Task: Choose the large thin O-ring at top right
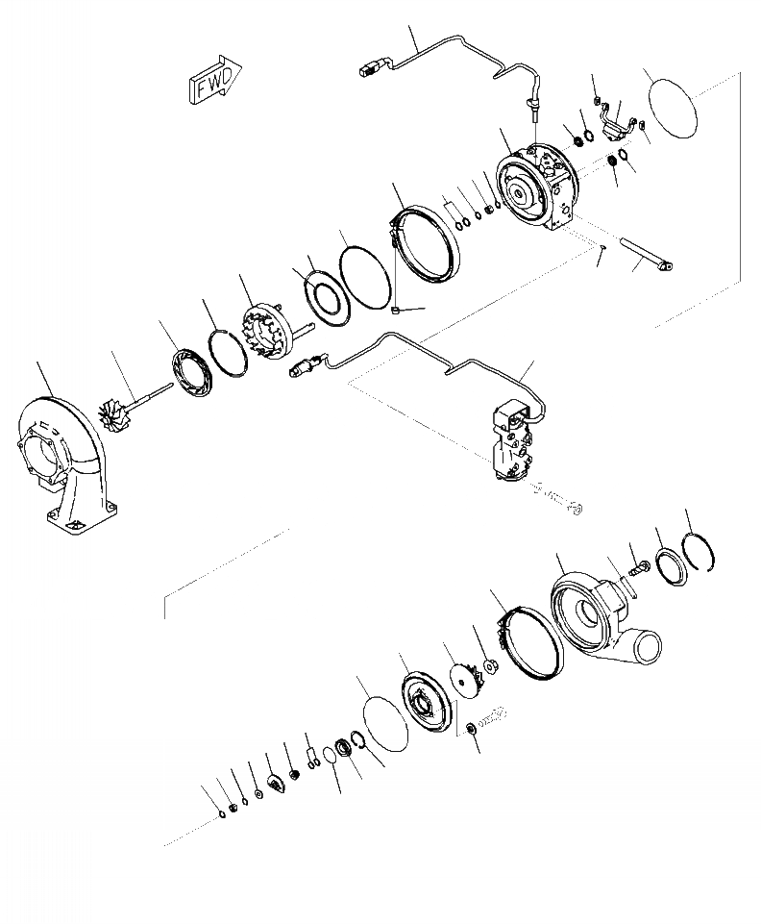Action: pos(669,108)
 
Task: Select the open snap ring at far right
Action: pos(700,552)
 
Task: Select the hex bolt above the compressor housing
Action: pos(639,566)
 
